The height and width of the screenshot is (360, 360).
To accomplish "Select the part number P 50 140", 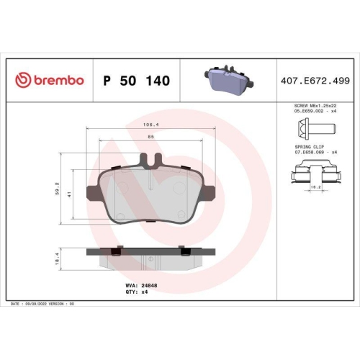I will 137,81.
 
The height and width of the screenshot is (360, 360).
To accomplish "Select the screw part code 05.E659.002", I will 305,112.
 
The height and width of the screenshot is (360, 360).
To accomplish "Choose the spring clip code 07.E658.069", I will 305,153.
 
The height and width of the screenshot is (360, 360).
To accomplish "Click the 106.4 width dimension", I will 150,125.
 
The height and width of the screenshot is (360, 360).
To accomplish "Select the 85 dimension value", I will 150,137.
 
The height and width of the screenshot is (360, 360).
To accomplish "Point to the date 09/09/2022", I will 40,305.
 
